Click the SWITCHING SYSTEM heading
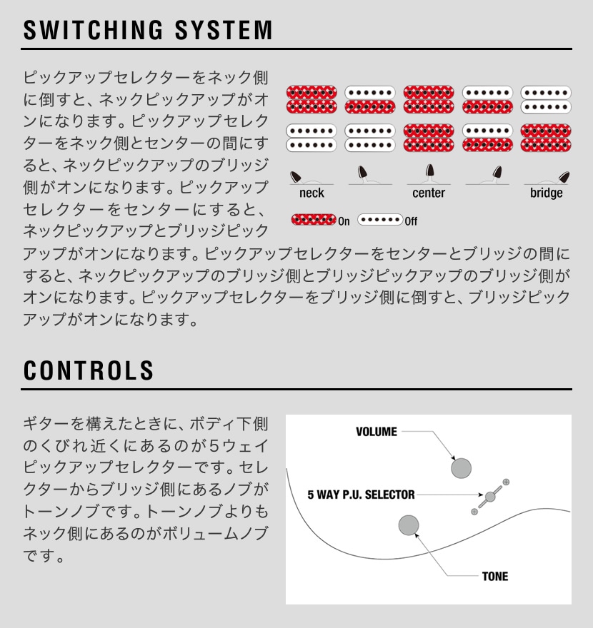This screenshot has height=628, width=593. (148, 30)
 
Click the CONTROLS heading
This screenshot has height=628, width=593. (89, 370)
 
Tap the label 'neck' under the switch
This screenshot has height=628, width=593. (312, 193)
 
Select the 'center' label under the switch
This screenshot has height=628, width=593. (429, 193)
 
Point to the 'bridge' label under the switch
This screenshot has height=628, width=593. (546, 193)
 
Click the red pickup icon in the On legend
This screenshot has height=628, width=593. (314, 220)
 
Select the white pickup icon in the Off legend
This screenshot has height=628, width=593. (380, 220)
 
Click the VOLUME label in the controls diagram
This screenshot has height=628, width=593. (377, 432)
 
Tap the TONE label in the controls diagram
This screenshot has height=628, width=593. (495, 577)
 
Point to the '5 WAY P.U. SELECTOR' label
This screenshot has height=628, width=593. (361, 495)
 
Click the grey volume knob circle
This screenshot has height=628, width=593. (461, 468)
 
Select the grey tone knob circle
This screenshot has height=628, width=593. (409, 525)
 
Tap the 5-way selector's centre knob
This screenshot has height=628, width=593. (490, 497)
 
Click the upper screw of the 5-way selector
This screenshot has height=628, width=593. (506, 482)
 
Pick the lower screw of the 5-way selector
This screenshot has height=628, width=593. (474, 512)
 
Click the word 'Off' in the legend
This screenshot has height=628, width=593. (411, 221)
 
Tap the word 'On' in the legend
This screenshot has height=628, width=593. (344, 221)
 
